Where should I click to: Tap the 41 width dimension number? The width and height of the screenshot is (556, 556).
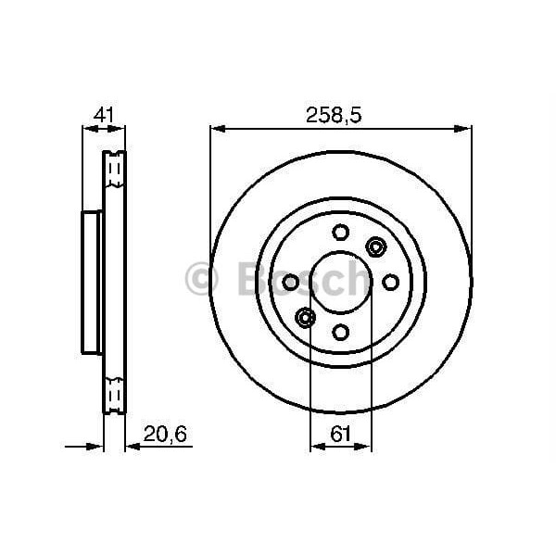104,115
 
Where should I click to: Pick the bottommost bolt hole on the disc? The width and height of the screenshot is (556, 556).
340,332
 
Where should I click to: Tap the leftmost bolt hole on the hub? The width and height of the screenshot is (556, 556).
290,282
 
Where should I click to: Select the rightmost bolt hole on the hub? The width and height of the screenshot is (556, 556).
390,282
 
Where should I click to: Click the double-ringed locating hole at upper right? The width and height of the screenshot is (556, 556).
375,246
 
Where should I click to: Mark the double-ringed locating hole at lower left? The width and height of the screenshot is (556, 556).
305,318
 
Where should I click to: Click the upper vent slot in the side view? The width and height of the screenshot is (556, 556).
114,169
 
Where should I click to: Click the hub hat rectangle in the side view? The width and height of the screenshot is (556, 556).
92,282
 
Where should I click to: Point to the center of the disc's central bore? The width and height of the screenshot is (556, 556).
340,282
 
